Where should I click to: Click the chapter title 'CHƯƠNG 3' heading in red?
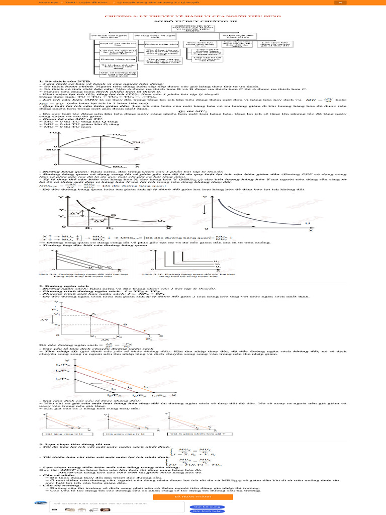193,17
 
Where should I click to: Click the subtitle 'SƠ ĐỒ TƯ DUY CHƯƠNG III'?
193,22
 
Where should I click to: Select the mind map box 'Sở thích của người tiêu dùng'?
107,37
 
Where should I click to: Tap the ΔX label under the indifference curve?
100,221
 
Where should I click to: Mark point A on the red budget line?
93,314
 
